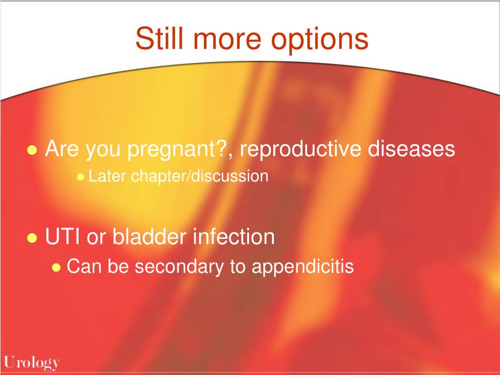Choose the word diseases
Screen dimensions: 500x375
(x=411, y=148)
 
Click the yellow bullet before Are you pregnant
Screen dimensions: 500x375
(x=32, y=149)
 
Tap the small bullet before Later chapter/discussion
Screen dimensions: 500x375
(x=81, y=177)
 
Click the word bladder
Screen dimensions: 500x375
(x=149, y=236)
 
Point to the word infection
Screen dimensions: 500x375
(x=234, y=236)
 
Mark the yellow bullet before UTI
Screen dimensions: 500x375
(x=32, y=238)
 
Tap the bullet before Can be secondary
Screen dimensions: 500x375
(x=56, y=267)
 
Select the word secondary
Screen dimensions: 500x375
(x=179, y=267)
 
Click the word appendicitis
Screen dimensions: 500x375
(x=303, y=267)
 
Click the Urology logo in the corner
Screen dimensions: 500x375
(x=32, y=363)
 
